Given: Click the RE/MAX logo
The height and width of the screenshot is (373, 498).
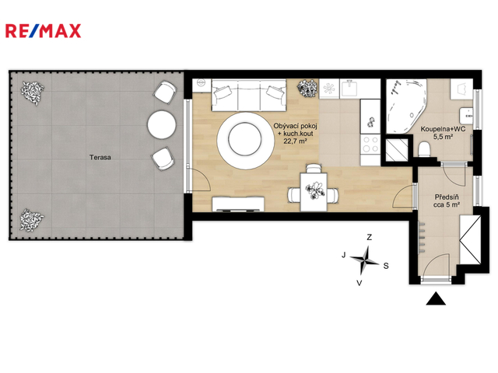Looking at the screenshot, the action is [44, 31].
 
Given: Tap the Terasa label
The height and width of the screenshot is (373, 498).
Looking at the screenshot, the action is [100, 157].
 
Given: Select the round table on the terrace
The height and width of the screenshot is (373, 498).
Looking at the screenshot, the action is [162, 124].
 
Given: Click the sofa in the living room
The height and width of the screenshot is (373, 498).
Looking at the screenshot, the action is [249, 95].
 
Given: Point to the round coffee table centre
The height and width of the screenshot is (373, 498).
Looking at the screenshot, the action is [245, 139].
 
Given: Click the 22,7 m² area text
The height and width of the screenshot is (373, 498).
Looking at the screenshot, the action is [295, 141].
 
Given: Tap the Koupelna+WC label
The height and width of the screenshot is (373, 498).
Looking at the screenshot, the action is [443, 129].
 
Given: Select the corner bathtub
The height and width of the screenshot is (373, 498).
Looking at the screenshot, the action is [405, 106].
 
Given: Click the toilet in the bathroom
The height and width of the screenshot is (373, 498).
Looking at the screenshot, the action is [424, 149].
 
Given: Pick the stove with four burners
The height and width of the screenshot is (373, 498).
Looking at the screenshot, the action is [370, 144].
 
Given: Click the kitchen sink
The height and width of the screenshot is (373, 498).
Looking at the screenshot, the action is [350, 88].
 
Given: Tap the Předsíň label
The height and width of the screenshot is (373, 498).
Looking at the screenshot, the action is [447, 197].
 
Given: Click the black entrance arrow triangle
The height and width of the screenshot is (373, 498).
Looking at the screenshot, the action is [436, 298].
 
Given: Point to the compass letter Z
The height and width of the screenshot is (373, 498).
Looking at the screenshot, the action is [369, 237].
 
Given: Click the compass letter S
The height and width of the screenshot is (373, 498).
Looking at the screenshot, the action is [386, 266].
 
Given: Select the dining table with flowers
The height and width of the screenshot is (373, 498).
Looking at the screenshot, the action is [314, 192].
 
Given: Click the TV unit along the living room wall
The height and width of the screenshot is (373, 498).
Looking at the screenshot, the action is [238, 204].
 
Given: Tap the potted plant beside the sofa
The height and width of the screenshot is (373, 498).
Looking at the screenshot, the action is [307, 88].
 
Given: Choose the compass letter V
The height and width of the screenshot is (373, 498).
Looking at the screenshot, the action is [359, 283].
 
